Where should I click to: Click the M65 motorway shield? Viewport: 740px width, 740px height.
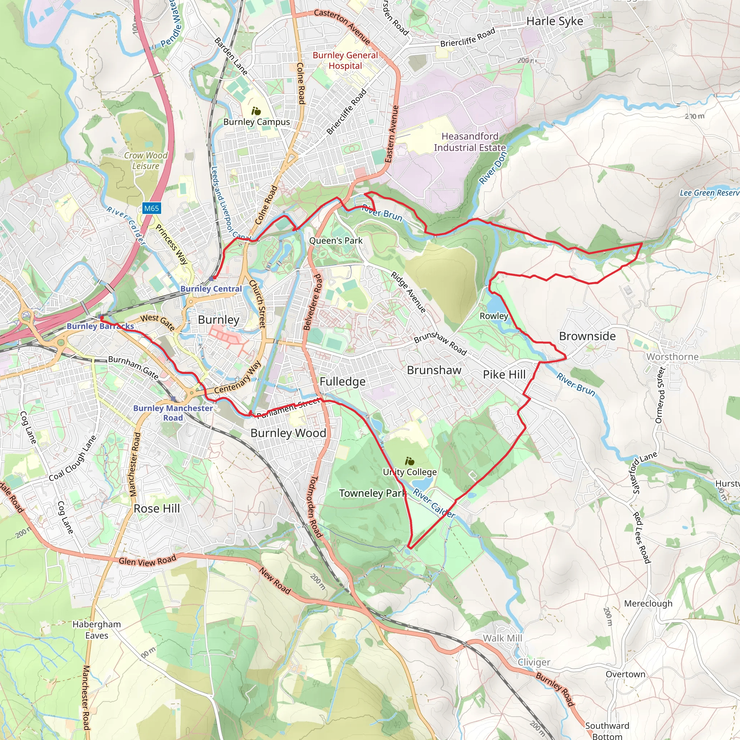pyautogui.click(x=151, y=208)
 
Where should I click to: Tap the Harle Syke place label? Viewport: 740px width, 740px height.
pyautogui.click(x=554, y=21)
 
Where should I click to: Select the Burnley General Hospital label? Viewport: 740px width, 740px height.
pyautogui.click(x=345, y=60)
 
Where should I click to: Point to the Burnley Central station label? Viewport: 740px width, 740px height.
pyautogui.click(x=211, y=289)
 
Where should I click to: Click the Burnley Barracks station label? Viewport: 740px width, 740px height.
pyautogui.click(x=100, y=326)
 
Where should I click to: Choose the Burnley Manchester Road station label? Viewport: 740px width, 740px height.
pyautogui.click(x=173, y=413)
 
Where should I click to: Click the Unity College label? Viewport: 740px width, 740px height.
pyautogui.click(x=409, y=472)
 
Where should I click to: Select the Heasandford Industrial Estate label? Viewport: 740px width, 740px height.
pyautogui.click(x=470, y=142)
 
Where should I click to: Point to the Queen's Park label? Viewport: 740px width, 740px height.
pyautogui.click(x=336, y=241)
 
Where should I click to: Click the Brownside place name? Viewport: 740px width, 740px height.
pyautogui.click(x=587, y=336)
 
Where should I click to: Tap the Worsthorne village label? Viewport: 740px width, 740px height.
pyautogui.click(x=672, y=357)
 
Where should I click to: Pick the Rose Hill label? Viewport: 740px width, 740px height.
pyautogui.click(x=157, y=508)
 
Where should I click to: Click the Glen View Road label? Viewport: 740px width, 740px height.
pyautogui.click(x=147, y=561)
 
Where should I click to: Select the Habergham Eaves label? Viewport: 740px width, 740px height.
pyautogui.click(x=96, y=630)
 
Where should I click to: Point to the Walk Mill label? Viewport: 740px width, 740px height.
pyautogui.click(x=502, y=638)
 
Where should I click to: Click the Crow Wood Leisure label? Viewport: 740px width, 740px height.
pyautogui.click(x=146, y=160)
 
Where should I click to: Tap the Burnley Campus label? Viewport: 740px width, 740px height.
pyautogui.click(x=257, y=122)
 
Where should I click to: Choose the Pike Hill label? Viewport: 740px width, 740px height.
pyautogui.click(x=504, y=375)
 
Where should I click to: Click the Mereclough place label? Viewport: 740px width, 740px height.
pyautogui.click(x=648, y=604)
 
